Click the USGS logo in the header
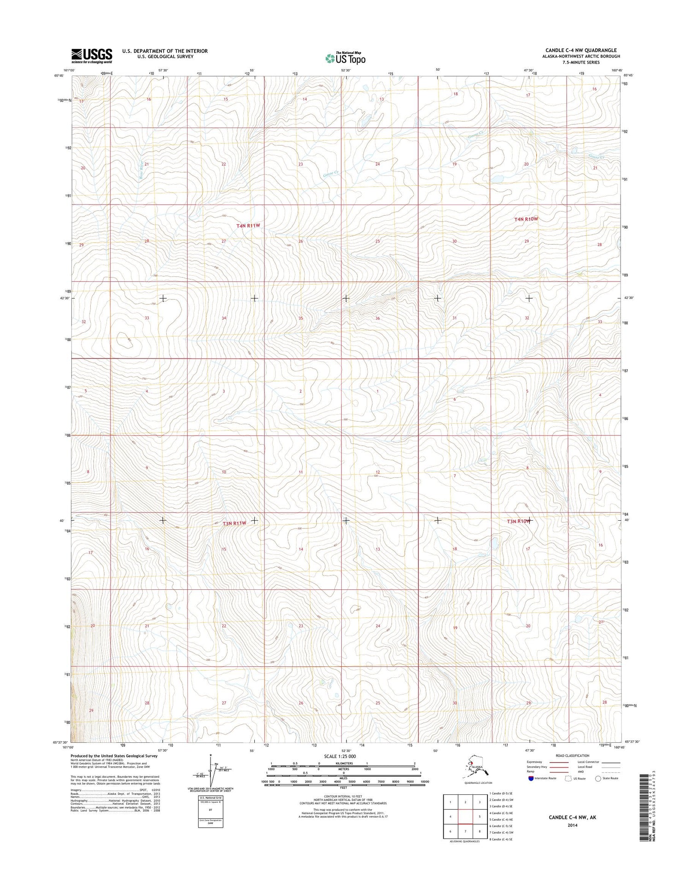tap(92, 56)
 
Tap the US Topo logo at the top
tap(345, 58)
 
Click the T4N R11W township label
tap(248, 226)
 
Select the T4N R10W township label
tap(526, 219)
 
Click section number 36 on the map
tap(377, 318)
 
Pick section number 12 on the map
tap(377, 472)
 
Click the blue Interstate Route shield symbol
tap(531, 778)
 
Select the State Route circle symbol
tap(598, 778)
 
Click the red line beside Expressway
tap(559, 762)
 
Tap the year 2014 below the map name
tap(572, 825)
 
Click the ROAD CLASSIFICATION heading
tap(572, 756)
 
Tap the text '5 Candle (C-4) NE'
tap(501, 820)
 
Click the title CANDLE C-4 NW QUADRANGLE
tap(581, 50)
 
